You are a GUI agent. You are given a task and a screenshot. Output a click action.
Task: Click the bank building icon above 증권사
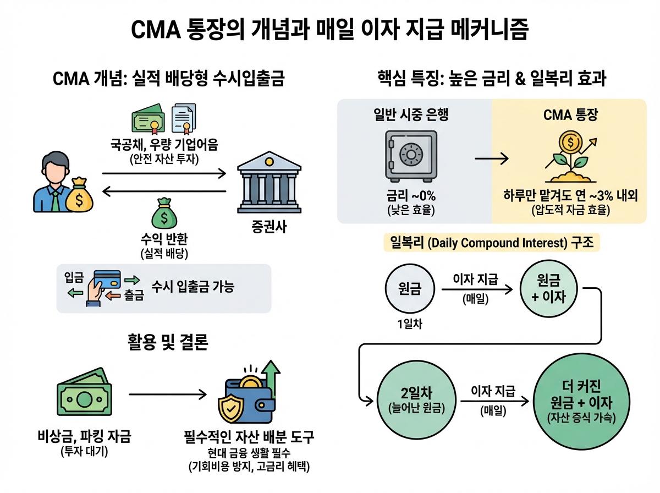[268, 181]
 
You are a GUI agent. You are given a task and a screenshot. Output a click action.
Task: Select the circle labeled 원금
[409, 289]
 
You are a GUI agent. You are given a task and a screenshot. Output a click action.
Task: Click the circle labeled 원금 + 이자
[550, 290]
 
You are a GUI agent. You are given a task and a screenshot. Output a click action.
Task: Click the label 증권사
[268, 227]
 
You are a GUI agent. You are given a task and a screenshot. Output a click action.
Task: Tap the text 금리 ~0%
[410, 196]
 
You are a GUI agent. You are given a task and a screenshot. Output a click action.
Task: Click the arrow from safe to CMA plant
[491, 159]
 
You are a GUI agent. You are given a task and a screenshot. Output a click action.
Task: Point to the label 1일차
[409, 324]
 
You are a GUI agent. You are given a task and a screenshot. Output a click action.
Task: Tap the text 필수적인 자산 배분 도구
[249, 438]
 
